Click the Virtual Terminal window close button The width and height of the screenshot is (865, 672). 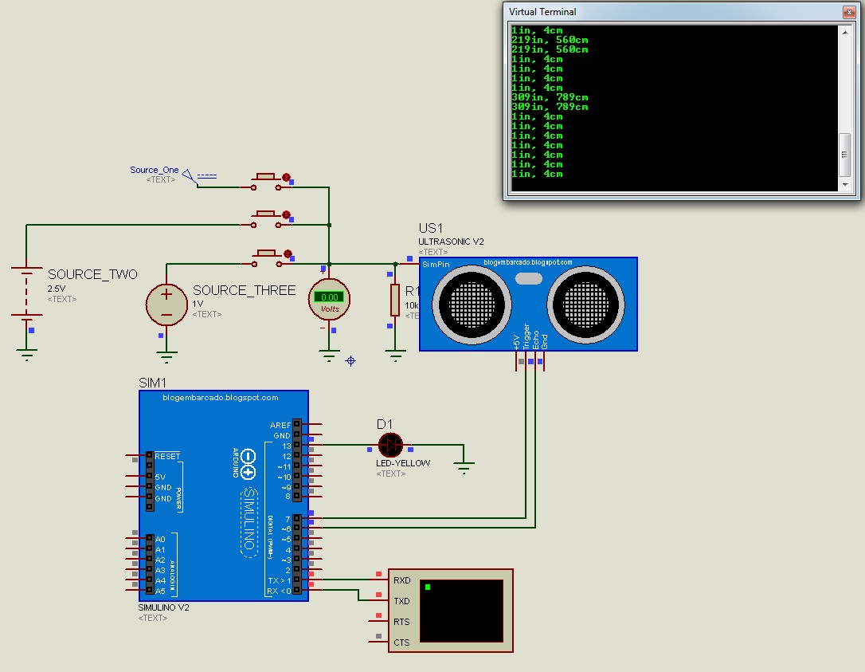coord(850,12)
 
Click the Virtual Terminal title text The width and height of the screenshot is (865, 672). coord(542,12)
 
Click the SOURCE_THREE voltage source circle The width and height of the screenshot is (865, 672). coord(166,304)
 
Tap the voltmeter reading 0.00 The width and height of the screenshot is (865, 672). coord(329,297)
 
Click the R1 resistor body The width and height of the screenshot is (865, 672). coord(393,299)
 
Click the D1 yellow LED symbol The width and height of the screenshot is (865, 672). coord(390,445)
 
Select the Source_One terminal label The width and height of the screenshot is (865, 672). coord(155,170)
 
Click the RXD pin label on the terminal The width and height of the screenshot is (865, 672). coord(401,581)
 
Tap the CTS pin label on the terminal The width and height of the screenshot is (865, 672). coord(401,643)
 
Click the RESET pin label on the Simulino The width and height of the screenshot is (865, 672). coord(167,457)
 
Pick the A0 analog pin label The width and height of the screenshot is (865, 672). coord(160,540)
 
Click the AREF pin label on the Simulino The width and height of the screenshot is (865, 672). coord(280,426)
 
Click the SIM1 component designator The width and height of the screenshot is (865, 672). coord(151,383)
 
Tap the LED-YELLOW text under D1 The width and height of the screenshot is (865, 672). coord(403,463)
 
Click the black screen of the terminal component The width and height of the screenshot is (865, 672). coord(461,610)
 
